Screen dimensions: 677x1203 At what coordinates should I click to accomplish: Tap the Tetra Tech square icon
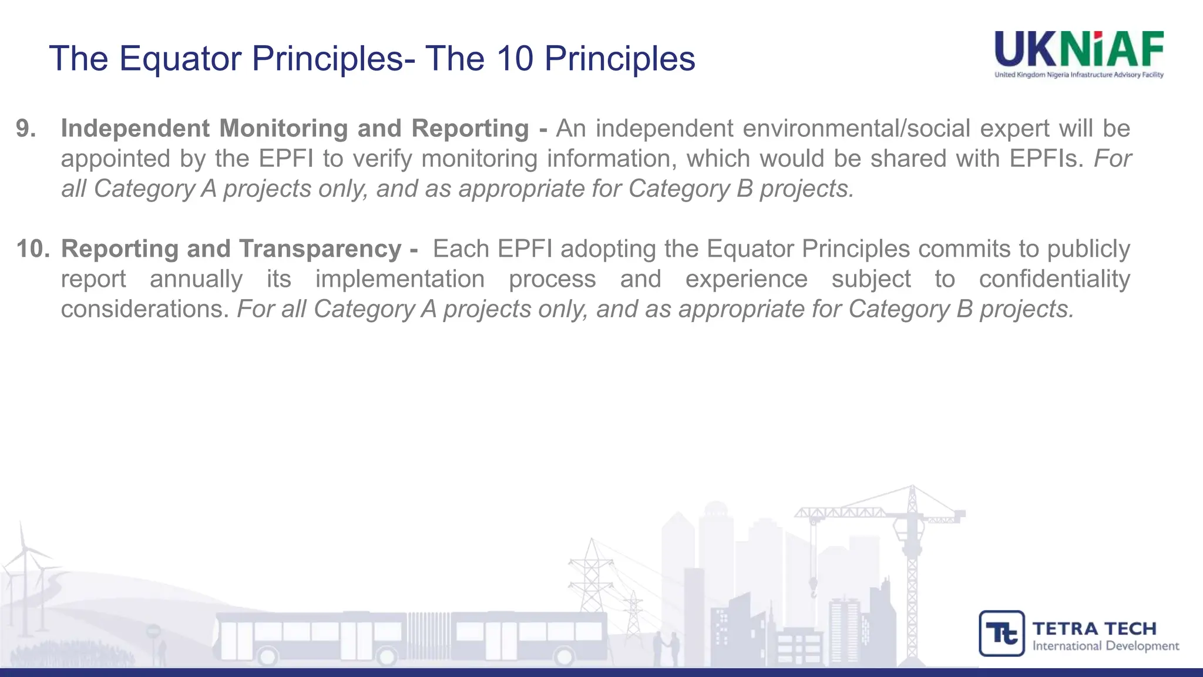(x=1002, y=633)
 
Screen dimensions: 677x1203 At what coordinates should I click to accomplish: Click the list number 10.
(x=32, y=249)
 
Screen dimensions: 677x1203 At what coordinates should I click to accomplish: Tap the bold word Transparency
(x=320, y=249)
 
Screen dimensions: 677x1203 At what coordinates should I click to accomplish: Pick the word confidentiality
(x=1054, y=279)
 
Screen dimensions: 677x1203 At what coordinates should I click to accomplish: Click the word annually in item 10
(x=196, y=279)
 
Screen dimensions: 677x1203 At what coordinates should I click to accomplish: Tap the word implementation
(x=399, y=279)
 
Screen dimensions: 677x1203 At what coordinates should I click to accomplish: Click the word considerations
(x=145, y=309)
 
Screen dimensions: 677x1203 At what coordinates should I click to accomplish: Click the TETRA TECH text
(x=1094, y=628)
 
